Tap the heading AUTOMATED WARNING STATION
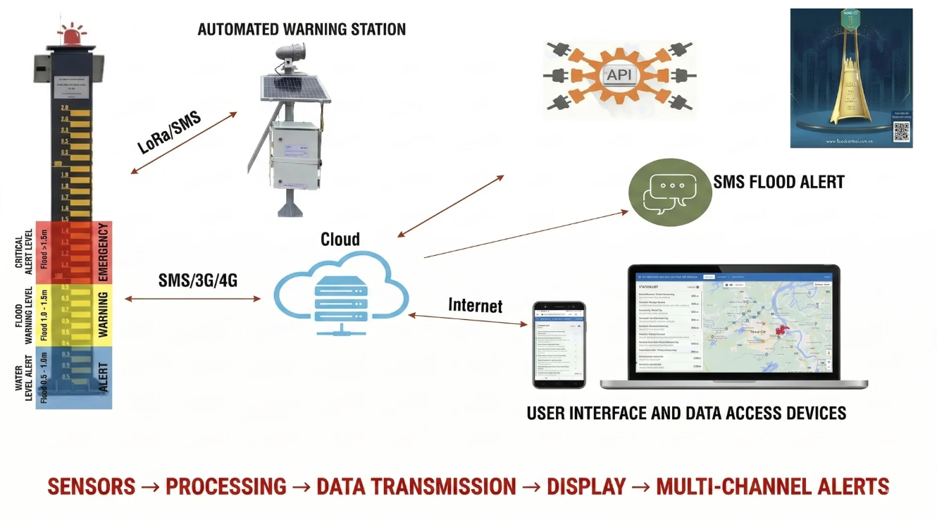pyautogui.click(x=302, y=30)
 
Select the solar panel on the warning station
pyautogui.click(x=290, y=89)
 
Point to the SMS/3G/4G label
pyautogui.click(x=198, y=280)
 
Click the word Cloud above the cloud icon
pyautogui.click(x=340, y=240)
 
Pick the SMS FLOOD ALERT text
pyautogui.click(x=778, y=182)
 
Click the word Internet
pyautogui.click(x=476, y=305)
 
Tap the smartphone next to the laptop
pyautogui.click(x=559, y=345)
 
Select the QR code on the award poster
pyautogui.click(x=900, y=131)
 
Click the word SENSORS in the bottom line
pyautogui.click(x=91, y=486)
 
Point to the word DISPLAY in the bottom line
pyautogui.click(x=586, y=486)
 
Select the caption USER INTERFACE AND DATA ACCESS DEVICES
pyautogui.click(x=686, y=412)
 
